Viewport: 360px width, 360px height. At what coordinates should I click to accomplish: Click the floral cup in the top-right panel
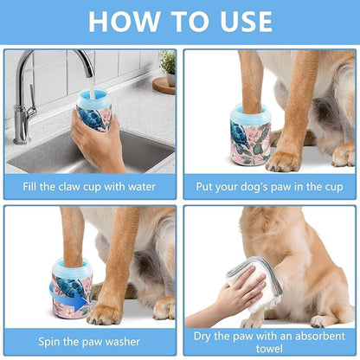251,136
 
